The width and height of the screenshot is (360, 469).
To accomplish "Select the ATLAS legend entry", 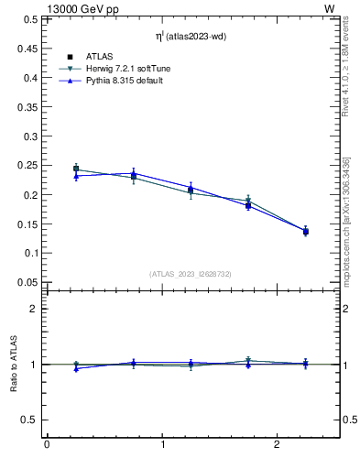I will [x=100, y=57].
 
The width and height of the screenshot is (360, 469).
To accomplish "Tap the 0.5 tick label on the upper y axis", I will [x=27, y=19].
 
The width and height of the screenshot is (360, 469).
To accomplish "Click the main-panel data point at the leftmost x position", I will [x=76, y=169].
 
